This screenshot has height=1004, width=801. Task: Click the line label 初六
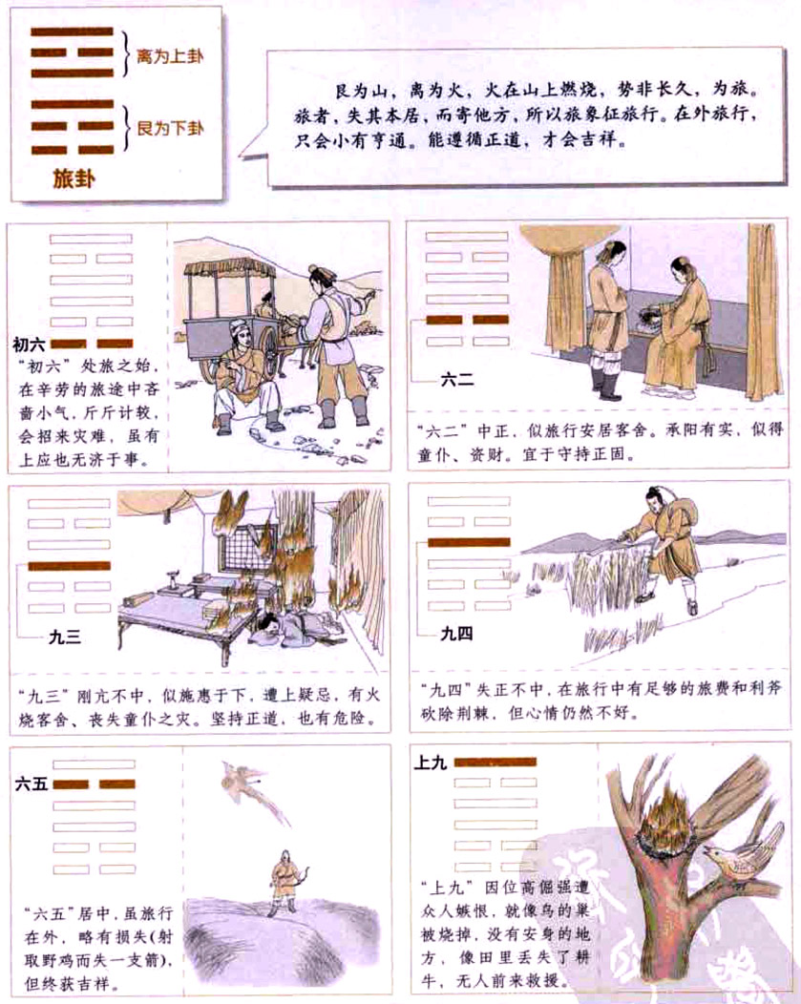(30, 344)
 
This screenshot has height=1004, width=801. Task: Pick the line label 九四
(456, 633)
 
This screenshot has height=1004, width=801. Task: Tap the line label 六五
(31, 784)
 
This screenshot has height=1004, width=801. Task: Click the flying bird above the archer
(243, 786)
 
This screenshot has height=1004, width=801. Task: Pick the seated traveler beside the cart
(244, 377)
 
